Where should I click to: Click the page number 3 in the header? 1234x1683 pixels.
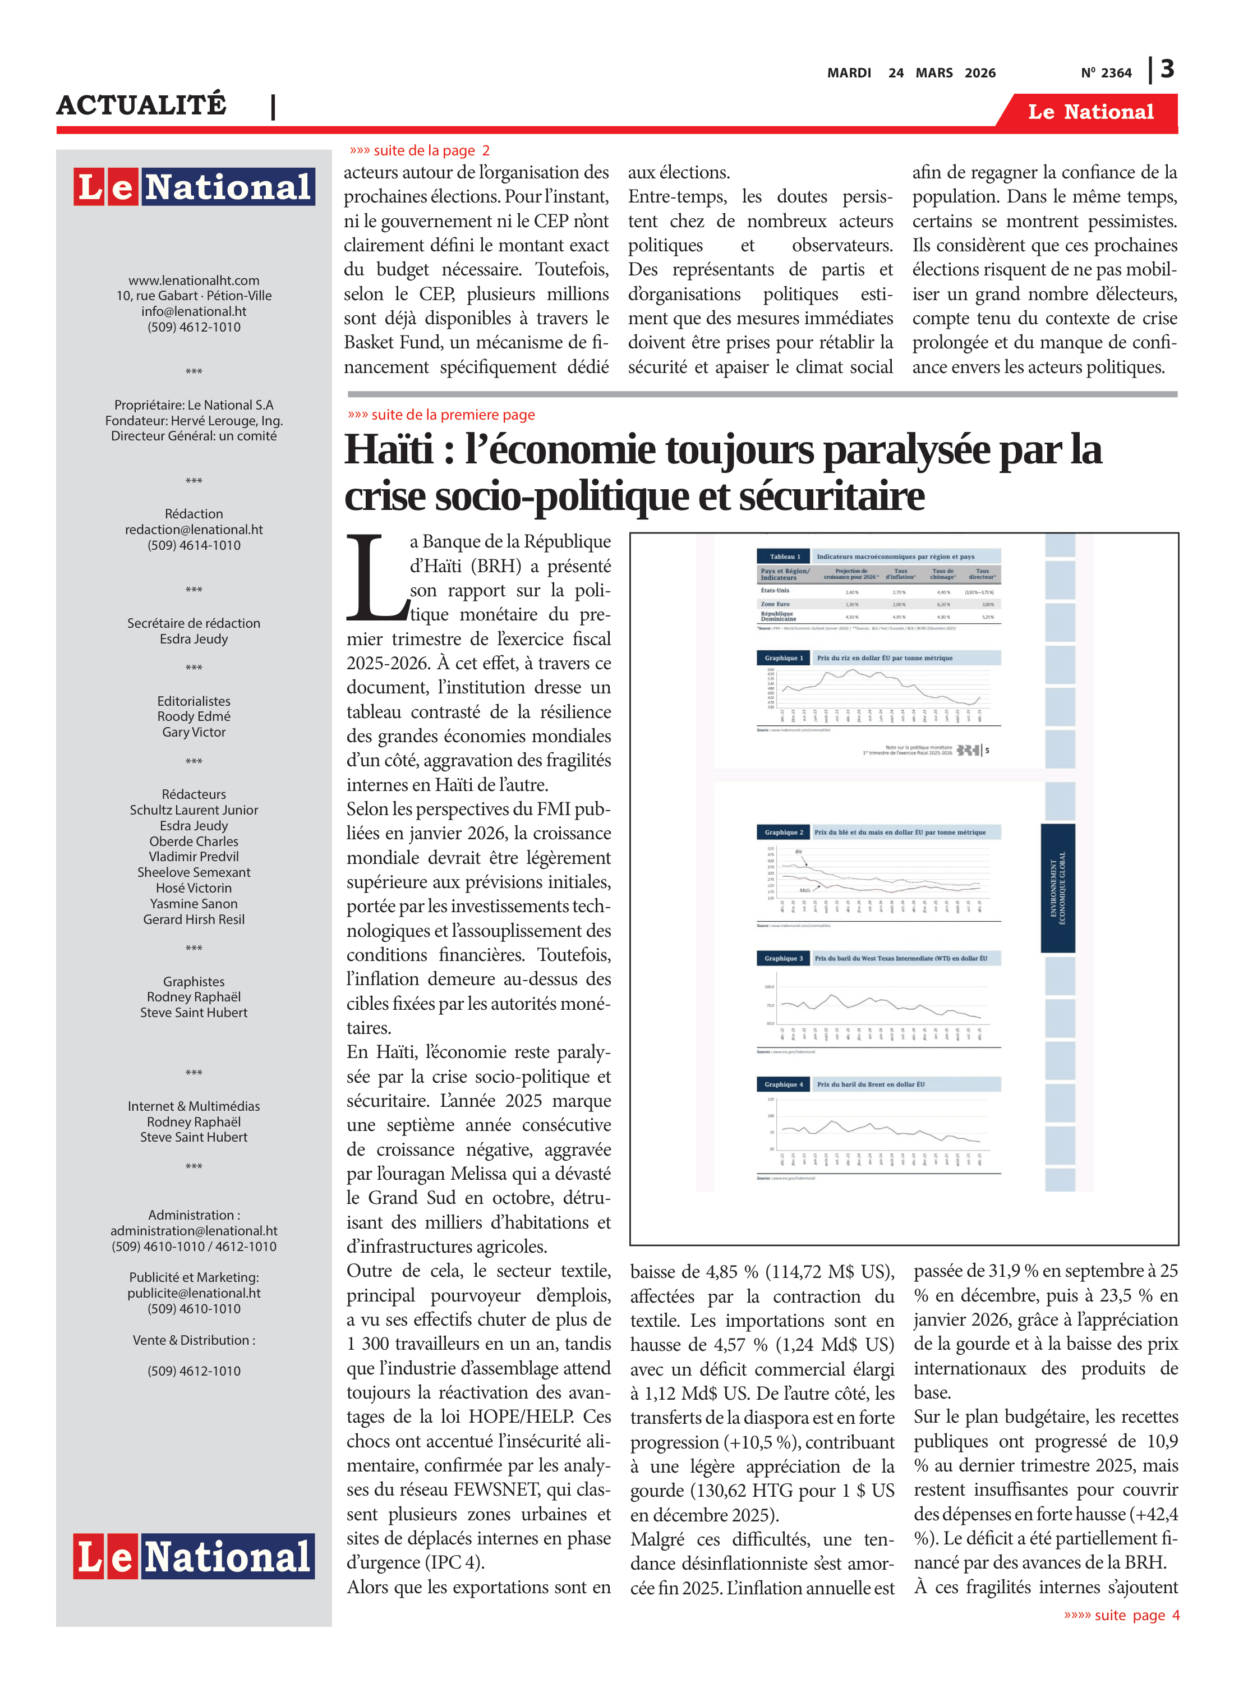pyautogui.click(x=1167, y=70)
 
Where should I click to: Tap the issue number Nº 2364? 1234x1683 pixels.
pyautogui.click(x=1106, y=73)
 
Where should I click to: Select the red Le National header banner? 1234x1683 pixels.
pyautogui.click(x=1090, y=112)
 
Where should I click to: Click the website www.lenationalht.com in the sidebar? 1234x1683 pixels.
pyautogui.click(x=194, y=280)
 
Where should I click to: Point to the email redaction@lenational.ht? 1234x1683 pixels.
pyautogui.click(x=194, y=529)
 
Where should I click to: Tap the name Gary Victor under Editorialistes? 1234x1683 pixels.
pyautogui.click(x=194, y=732)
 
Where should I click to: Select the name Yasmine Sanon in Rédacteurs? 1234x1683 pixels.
pyautogui.click(x=194, y=903)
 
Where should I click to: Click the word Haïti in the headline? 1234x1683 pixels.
pyautogui.click(x=388, y=450)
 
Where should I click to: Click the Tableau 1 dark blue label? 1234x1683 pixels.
pyautogui.click(x=784, y=557)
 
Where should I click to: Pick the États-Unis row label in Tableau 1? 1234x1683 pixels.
pyautogui.click(x=775, y=591)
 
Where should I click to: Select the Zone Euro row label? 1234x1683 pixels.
pyautogui.click(x=775, y=604)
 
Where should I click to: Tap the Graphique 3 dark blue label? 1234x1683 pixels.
pyautogui.click(x=783, y=958)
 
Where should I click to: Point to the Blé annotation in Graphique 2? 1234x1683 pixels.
pyautogui.click(x=798, y=852)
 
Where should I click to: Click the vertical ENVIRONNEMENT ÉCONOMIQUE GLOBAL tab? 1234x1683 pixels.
pyautogui.click(x=1058, y=888)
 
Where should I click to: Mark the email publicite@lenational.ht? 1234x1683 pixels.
pyautogui.click(x=194, y=1293)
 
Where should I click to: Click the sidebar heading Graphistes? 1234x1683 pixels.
pyautogui.click(x=194, y=982)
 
